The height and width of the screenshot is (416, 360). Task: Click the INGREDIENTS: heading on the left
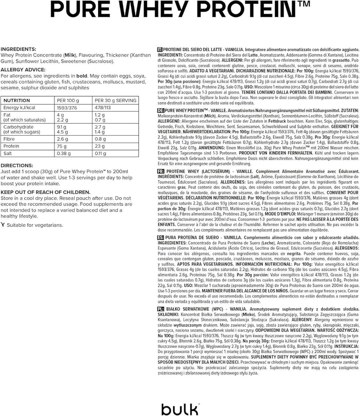tap(20, 49)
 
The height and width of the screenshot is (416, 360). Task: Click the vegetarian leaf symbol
tap(4, 225)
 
